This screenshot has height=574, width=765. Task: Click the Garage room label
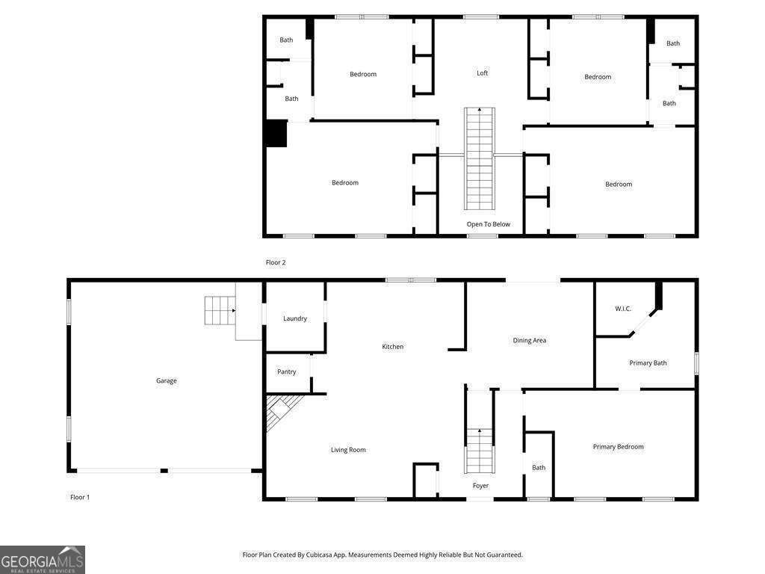pos(166,380)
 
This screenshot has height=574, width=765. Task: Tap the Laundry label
pos(295,318)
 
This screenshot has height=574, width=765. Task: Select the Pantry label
pos(286,371)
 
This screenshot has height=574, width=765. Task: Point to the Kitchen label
pos(392,346)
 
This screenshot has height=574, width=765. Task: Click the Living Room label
pos(348,450)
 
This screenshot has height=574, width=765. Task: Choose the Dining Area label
pos(529,340)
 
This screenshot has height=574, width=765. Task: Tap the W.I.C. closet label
pos(623,309)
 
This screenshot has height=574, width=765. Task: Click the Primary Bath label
pos(648,363)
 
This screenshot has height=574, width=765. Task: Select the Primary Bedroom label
pos(618,447)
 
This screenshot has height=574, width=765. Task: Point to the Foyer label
pos(480,486)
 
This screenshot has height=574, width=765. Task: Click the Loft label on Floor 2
pos(483,72)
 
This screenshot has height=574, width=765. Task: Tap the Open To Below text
pos(489,224)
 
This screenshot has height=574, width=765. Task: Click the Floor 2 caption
pos(276,262)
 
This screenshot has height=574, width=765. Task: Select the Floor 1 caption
pos(80,497)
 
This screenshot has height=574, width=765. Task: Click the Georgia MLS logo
pos(43,560)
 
